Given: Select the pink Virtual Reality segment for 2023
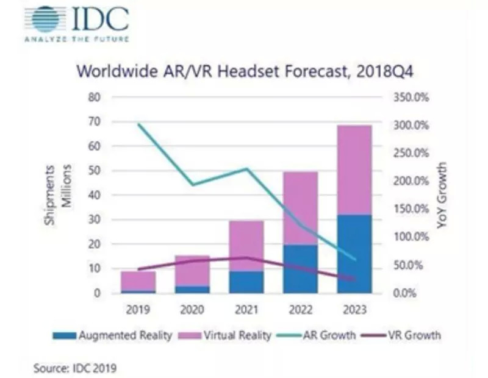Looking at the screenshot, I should [x=354, y=169].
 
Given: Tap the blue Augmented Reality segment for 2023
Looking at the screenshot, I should [x=354, y=254].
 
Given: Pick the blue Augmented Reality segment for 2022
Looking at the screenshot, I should [x=301, y=269].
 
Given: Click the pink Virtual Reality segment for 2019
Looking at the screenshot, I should [x=138, y=281].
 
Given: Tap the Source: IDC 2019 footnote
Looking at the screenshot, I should [x=74, y=367].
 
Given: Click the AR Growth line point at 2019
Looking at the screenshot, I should [x=138, y=124].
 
